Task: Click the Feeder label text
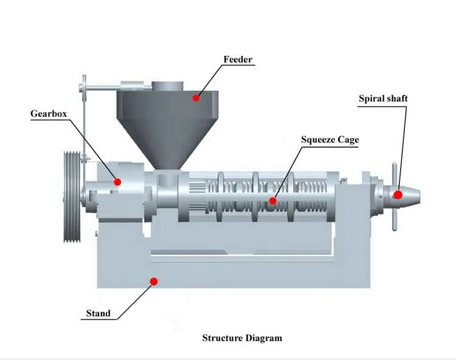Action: coord(238,60)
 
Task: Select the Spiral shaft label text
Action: coord(383,98)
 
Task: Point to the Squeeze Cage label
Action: coord(330,140)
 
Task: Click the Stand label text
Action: coord(98,313)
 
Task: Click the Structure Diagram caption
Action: coord(242,338)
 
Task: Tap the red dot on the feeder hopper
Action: coord(196,97)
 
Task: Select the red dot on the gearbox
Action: coord(117,181)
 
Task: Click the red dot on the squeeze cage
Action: coord(273,200)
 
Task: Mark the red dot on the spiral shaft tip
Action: coord(398,195)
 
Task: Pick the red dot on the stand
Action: coord(154,281)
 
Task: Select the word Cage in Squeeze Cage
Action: coord(347,140)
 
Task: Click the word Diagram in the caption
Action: coord(263,338)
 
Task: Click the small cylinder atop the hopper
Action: coord(168,87)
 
